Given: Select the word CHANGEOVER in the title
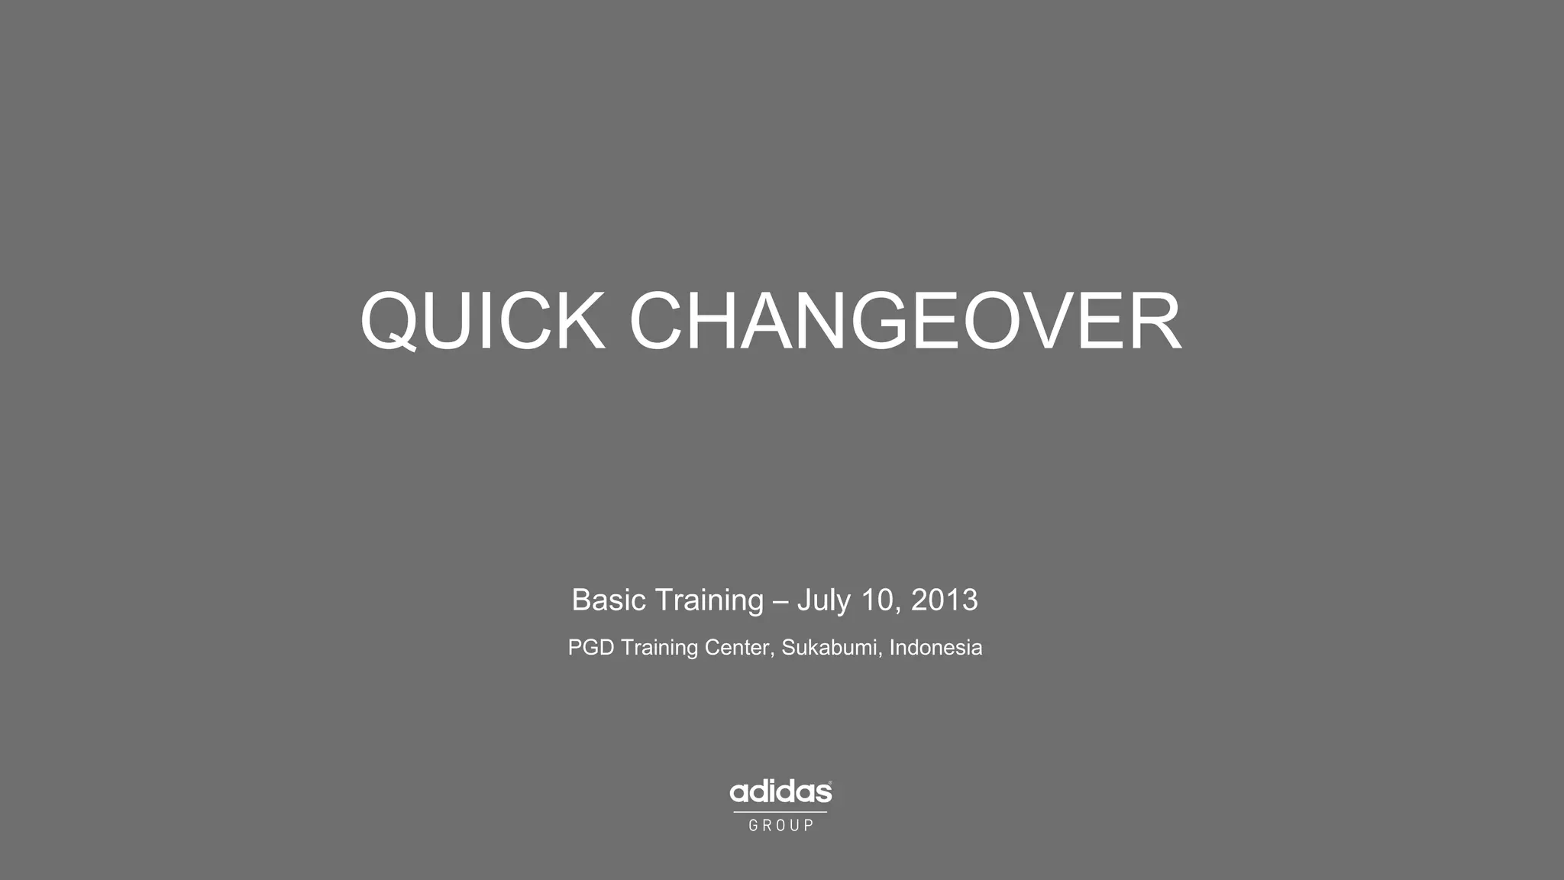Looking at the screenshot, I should (x=905, y=321).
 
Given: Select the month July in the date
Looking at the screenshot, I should (x=823, y=600).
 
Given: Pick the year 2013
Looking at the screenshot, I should (x=944, y=600).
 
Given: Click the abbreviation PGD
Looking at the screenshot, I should (x=590, y=648).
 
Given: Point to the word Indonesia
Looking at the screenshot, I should (x=935, y=648).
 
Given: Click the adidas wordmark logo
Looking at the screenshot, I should (x=780, y=792).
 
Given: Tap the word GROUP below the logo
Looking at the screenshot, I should (x=780, y=826).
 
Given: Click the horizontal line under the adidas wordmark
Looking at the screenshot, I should (x=780, y=812).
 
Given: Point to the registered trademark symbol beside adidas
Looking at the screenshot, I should (x=830, y=783).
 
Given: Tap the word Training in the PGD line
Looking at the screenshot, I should (x=658, y=648).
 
